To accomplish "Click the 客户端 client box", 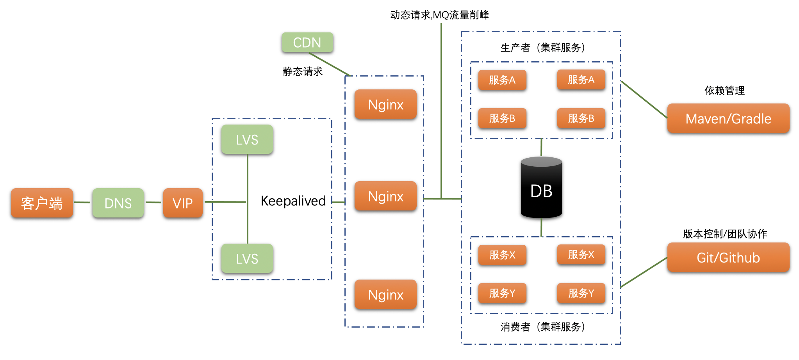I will [x=42, y=203].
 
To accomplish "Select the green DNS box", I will [x=118, y=203].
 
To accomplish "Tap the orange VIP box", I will [x=183, y=203].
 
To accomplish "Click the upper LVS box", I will [x=247, y=139].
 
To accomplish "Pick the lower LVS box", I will [x=247, y=258].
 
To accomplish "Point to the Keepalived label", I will [x=293, y=201].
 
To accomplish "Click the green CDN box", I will [x=307, y=42].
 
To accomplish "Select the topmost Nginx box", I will [x=385, y=104].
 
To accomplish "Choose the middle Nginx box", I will [x=385, y=196].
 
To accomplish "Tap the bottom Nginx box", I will [x=385, y=294].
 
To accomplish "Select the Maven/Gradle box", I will [x=728, y=118].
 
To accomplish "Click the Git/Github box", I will [x=728, y=257].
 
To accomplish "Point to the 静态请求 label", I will [x=303, y=71].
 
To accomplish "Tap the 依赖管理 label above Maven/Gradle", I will [x=724, y=91].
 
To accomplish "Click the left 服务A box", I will [x=502, y=80].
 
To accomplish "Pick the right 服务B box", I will [x=581, y=118].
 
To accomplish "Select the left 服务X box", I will [x=502, y=255].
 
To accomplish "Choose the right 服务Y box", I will [x=581, y=293].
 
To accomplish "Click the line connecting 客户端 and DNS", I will [x=82, y=202].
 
